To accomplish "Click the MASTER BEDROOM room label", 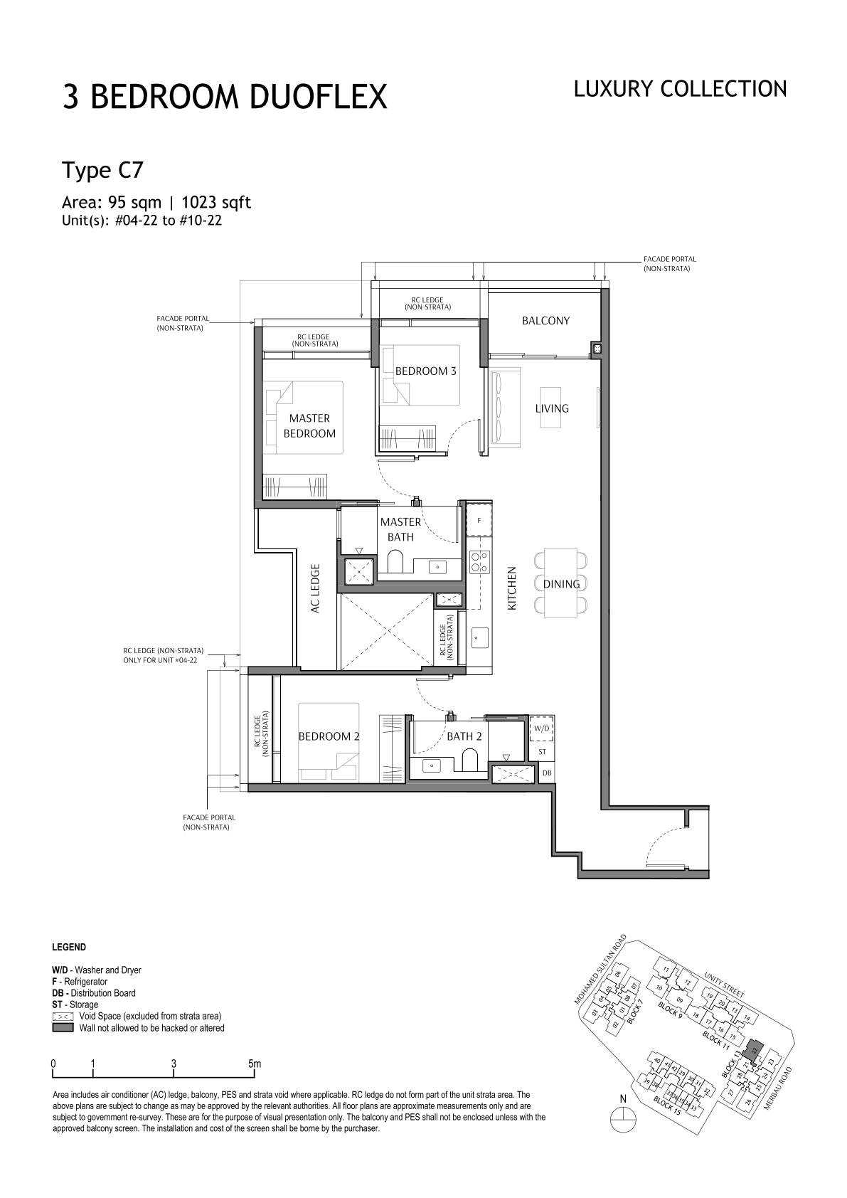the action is [309, 425].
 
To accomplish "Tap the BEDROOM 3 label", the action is [426, 371].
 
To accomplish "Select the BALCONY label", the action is [545, 320].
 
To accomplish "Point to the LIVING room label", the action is [552, 408].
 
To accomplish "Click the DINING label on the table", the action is [561, 584].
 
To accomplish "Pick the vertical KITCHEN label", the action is [512, 588].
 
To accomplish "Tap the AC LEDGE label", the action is [314, 588].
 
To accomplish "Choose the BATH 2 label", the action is [464, 736].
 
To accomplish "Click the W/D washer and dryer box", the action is [542, 728].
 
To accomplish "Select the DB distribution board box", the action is [546, 773].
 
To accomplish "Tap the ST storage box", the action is [542, 751].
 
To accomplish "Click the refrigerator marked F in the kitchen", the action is [479, 519].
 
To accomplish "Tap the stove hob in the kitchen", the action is [478, 561].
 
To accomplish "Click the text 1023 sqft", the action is [216, 202].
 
